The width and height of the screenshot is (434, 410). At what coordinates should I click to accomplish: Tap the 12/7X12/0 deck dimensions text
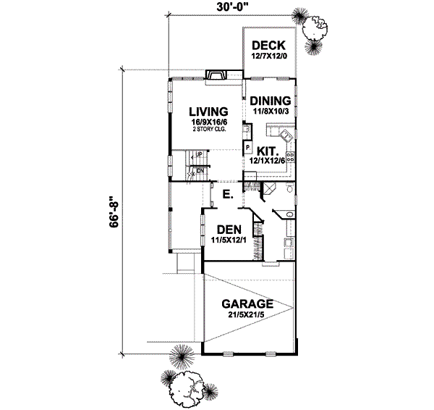point(269,57)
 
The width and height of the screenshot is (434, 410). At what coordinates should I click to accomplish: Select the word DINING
point(272,101)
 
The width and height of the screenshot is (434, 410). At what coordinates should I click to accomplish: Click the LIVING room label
point(209,112)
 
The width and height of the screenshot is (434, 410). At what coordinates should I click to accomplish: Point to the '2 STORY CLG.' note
point(209,130)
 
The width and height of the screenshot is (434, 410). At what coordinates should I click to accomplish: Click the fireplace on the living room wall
point(216,75)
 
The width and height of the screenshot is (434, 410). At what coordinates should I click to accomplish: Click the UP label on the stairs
point(197,155)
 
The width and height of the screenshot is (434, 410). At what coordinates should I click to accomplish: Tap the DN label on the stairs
point(197,171)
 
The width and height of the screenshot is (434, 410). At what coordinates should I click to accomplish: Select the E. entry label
point(227,195)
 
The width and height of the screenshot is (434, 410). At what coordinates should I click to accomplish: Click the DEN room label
point(228,228)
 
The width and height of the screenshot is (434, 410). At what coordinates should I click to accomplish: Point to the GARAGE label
point(247,304)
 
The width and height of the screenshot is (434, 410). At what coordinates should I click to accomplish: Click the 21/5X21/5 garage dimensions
point(247,315)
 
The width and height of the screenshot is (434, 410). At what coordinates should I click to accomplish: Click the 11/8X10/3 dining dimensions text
point(272,112)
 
